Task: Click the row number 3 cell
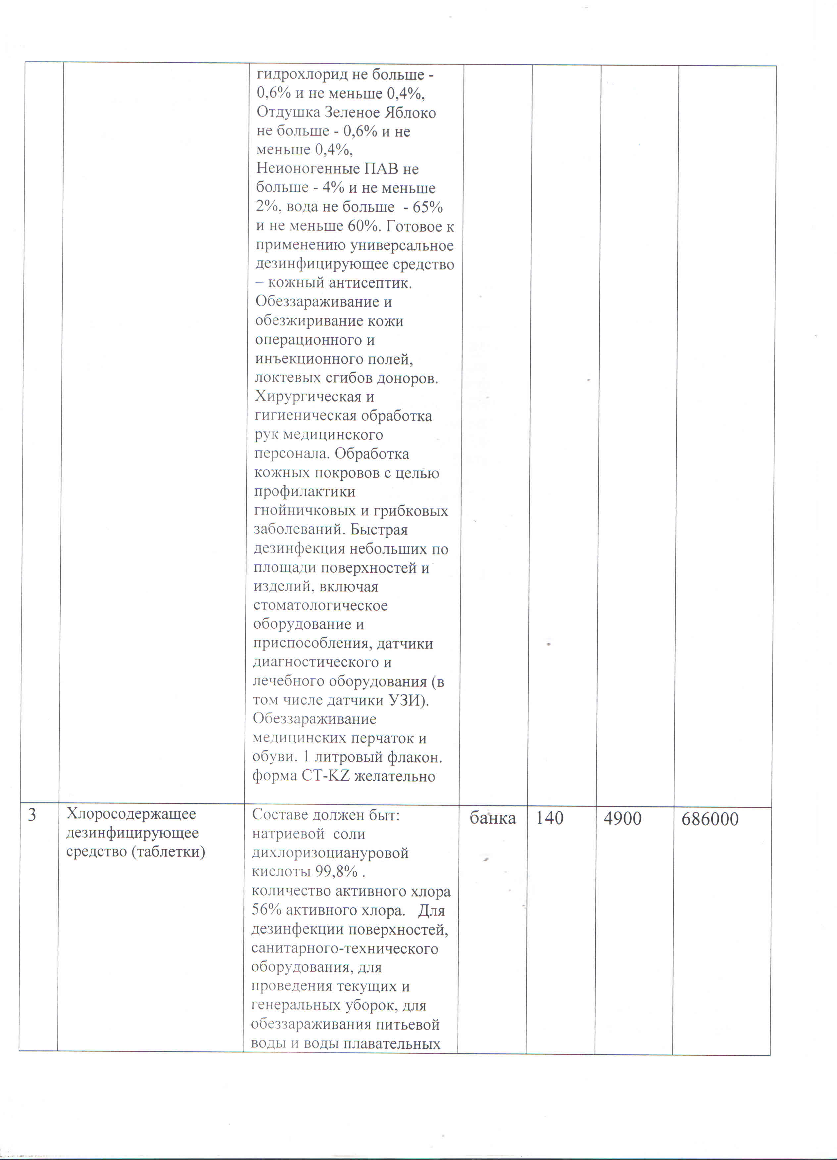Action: pos(32,814)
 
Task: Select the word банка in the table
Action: pos(493,818)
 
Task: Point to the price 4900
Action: pos(622,818)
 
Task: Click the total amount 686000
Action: pos(710,819)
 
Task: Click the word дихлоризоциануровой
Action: pos(330,852)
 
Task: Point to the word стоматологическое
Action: pos(320,605)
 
